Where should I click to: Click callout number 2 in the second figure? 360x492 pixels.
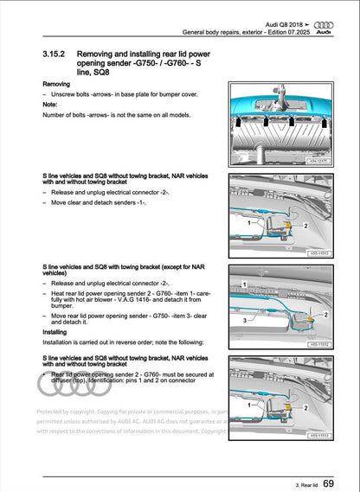click(305, 225)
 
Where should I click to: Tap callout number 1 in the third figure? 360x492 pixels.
click(246, 283)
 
